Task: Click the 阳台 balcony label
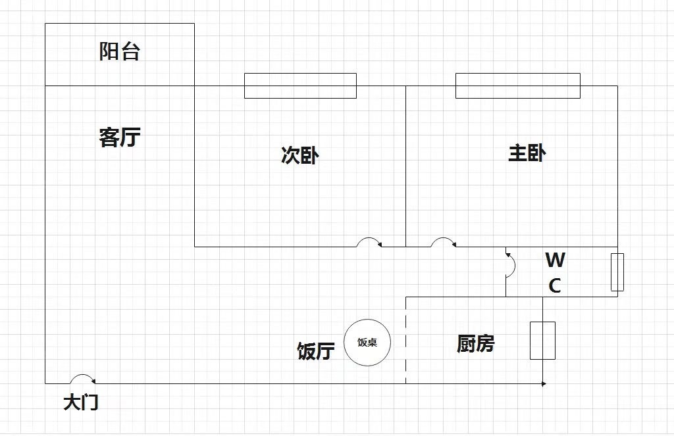coord(120,51)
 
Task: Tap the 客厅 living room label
coord(120,137)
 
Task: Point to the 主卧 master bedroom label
coord(527,153)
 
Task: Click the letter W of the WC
coord(555,260)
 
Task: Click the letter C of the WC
coord(555,286)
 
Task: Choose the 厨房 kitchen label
coord(475,343)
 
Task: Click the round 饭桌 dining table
coord(367,342)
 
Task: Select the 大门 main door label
coord(80,402)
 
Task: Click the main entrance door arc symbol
coord(82,379)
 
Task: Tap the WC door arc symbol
coord(510,264)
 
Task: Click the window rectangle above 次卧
coord(300,85)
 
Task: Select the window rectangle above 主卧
coord(518,85)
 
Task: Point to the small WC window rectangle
coord(617,272)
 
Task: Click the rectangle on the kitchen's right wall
coord(542,340)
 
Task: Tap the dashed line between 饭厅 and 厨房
coord(405,341)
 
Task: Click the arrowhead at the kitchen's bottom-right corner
coord(543,383)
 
